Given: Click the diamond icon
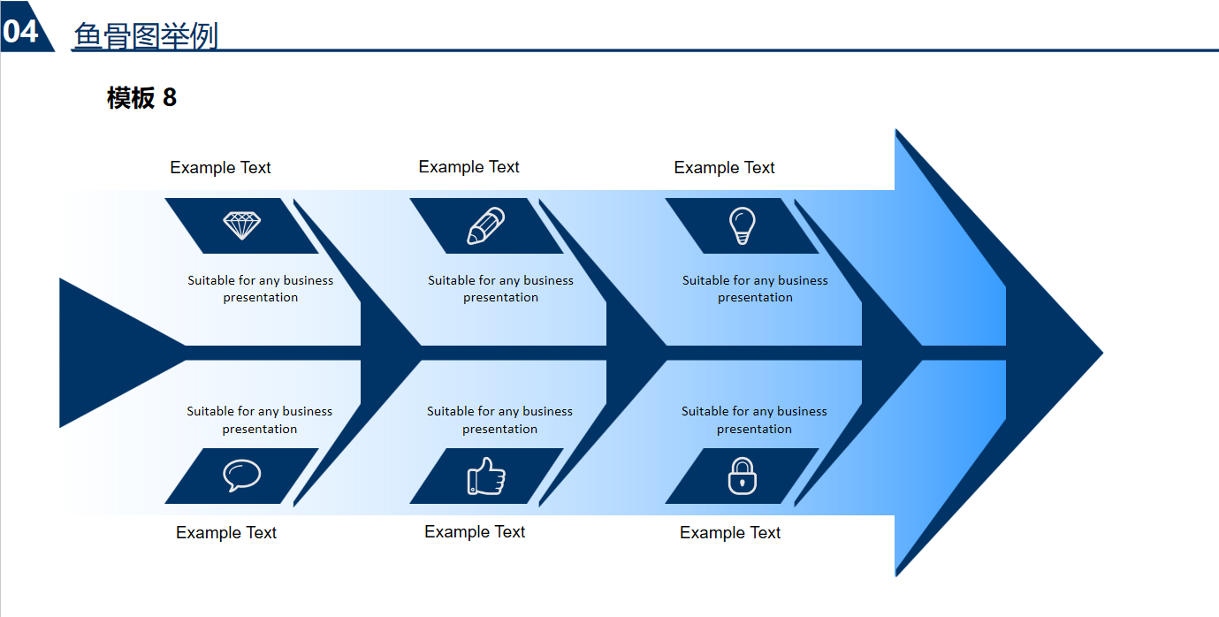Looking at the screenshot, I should coord(241,225).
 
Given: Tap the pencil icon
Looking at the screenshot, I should coord(486,225).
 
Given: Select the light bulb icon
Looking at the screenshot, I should coord(742,225).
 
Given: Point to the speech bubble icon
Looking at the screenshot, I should coord(241,476).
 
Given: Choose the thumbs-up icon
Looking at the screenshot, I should coord(486,476).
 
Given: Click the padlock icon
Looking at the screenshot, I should coord(742,476).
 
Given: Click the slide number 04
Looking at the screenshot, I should coord(20,31).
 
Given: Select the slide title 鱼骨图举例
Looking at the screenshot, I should coord(146,35).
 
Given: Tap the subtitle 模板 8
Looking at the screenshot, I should coord(141,97).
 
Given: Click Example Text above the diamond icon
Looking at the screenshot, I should coord(220,168).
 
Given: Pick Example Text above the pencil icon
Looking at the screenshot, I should coord(469,167).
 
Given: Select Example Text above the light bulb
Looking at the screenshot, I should coord(724,168).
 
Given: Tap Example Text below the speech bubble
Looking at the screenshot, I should coord(226,533).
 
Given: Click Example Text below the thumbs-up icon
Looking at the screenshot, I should coord(475,532).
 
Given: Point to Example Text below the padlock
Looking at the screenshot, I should coord(730,533).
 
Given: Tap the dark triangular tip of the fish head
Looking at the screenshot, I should coord(1056,353).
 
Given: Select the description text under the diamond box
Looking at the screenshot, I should coord(261,289).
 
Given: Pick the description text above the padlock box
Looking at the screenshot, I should coord(754,420).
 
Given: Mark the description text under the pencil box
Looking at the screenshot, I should coord(500,289).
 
